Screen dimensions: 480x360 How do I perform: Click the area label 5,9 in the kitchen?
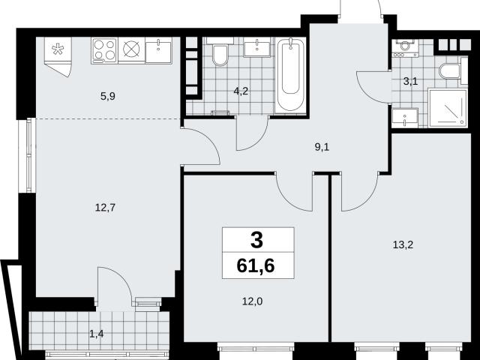(108, 97)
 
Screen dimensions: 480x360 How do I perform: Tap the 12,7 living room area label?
(105, 208)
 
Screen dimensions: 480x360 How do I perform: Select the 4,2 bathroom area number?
(241, 91)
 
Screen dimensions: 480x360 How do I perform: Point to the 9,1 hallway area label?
(322, 147)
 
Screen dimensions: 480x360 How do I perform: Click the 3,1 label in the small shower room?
(410, 82)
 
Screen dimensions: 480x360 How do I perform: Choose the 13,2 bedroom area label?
(403, 244)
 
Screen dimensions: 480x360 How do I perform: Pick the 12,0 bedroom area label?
(253, 301)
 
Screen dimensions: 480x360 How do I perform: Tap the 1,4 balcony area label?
(97, 334)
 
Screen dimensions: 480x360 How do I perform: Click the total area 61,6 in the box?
(256, 265)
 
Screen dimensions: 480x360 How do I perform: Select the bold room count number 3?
(256, 240)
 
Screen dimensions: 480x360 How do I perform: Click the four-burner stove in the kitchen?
(104, 50)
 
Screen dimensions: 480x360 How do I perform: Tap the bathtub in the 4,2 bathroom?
(290, 75)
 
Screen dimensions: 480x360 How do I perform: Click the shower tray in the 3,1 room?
(448, 107)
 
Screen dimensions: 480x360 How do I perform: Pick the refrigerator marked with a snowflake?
(58, 57)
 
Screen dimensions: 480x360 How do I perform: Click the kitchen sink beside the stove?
(158, 50)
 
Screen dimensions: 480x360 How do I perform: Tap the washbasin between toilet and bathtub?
(257, 47)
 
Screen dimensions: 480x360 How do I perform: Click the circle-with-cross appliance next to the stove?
(131, 49)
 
